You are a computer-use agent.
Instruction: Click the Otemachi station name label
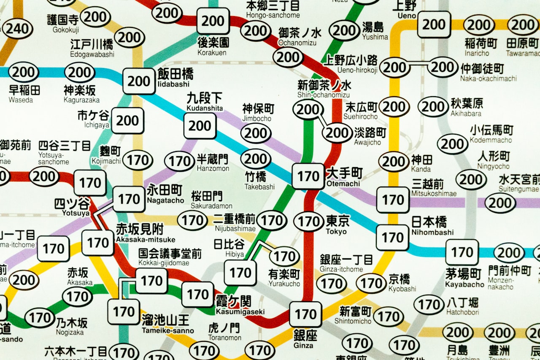[x=344, y=177]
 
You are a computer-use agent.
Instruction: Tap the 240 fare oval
[x=17, y=29]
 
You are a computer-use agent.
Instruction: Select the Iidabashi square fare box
[x=139, y=81]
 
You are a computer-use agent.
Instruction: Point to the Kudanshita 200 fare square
[x=200, y=126]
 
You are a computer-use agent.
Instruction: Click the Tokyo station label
[x=337, y=225]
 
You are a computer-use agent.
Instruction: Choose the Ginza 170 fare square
[x=305, y=314]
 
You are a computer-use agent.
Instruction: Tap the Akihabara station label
[x=467, y=107]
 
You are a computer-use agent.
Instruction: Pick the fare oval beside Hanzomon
[x=179, y=161]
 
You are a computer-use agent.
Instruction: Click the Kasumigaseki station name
[x=240, y=305]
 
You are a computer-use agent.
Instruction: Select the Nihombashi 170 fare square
[x=393, y=238]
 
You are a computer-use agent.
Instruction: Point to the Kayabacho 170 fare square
[x=462, y=252]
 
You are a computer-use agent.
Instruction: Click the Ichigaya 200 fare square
[x=127, y=121]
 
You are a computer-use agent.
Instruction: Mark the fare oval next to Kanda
[x=394, y=161]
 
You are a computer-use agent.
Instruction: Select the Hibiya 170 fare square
[x=240, y=273]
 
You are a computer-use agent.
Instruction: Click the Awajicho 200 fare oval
[x=337, y=133]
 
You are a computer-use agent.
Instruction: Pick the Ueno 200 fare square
[x=434, y=24]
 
